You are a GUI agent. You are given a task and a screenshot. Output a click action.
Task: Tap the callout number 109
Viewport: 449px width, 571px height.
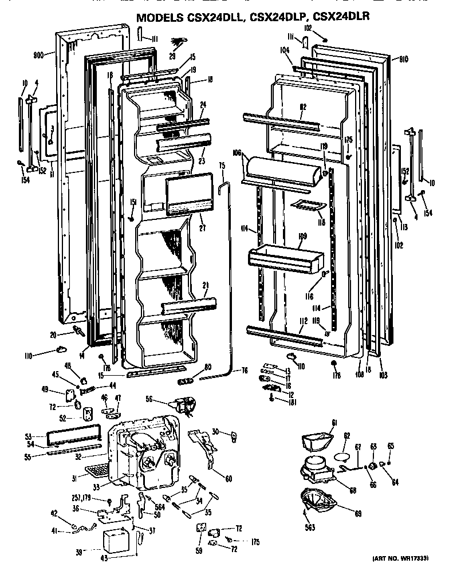pyautogui.click(x=302, y=235)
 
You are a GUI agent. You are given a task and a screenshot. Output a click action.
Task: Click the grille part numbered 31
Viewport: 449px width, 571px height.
pyautogui.click(x=99, y=471)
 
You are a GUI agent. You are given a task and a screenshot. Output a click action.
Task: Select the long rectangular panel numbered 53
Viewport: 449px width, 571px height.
pyautogui.click(x=73, y=438)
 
